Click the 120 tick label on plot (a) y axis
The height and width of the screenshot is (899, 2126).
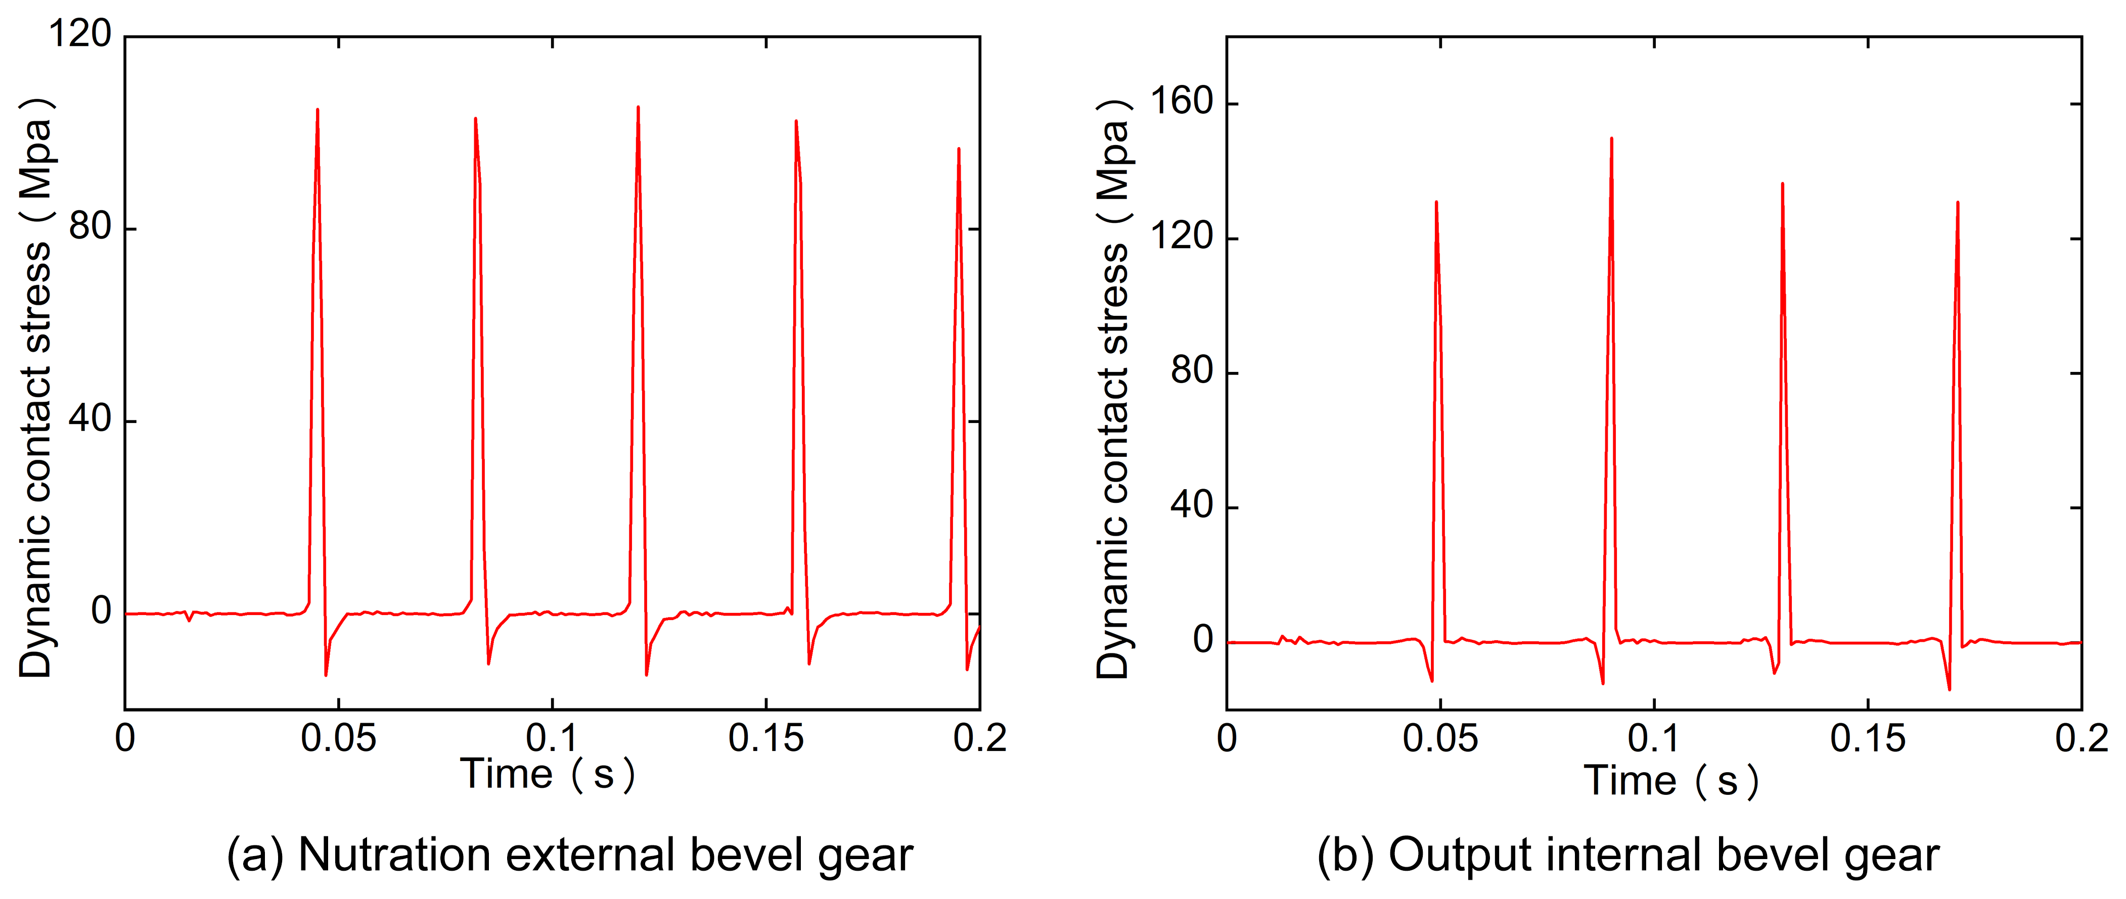80,35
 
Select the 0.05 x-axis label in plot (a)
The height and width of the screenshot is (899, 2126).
338,738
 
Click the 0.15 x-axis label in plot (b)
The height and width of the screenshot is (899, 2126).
1868,738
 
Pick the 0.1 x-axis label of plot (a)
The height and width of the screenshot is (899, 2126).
552,738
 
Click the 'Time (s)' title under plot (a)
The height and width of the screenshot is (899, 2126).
548,775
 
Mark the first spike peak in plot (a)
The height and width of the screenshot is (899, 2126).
318,110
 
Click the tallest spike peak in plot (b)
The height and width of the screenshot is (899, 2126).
1611,138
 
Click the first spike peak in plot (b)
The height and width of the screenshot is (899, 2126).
1436,202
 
